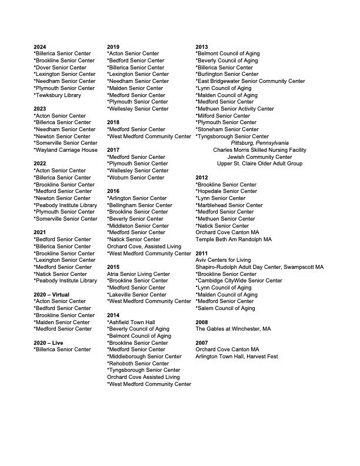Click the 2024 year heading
coord(40,46)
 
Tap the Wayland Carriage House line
coord(65,150)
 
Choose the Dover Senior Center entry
coord(62,68)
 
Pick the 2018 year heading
coord(113,122)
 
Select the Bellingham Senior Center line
coord(139,205)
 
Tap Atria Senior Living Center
coord(138,274)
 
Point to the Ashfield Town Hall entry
coord(131,322)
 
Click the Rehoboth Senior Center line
coord(136,363)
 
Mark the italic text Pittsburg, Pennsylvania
coord(259,143)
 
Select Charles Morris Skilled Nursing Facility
coord(259,150)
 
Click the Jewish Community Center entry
coord(259,157)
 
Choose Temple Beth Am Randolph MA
coord(234,239)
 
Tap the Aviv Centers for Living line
coord(223,260)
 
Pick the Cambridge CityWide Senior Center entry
coord(238,281)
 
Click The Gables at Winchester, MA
coord(233,329)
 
